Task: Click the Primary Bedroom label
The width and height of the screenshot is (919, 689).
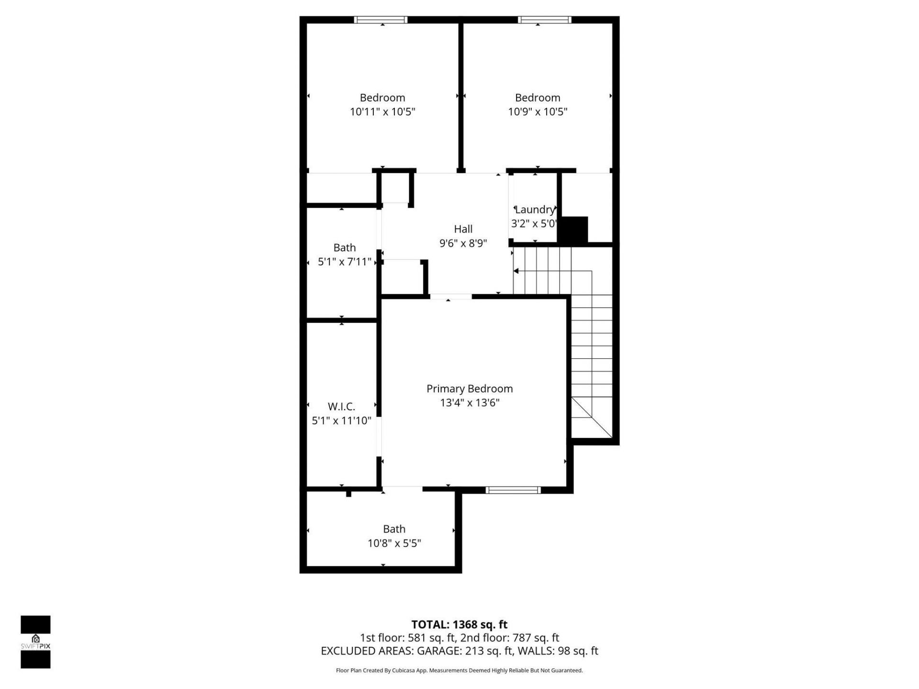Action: point(469,389)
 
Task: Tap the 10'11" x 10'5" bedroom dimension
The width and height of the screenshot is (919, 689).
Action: point(382,111)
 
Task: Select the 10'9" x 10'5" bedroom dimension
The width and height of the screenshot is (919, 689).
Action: point(538,111)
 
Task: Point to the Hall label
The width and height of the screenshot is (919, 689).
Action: point(463,229)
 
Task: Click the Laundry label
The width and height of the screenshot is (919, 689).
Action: point(535,209)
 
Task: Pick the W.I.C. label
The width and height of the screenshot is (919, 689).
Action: point(341,406)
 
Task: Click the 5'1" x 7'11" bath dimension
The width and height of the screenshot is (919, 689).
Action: point(345,262)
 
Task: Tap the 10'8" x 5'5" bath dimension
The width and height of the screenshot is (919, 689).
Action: point(394,543)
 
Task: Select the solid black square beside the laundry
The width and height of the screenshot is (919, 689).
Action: point(572,230)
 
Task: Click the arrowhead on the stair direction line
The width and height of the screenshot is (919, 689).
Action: point(516,271)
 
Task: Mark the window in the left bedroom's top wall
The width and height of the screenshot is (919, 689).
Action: point(381,20)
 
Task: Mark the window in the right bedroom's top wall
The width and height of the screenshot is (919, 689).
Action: point(544,20)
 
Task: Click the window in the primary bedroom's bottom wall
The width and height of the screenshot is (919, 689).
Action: point(513,489)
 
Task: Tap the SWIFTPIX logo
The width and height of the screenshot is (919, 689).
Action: point(35,641)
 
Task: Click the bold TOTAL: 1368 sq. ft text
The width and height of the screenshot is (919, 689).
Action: point(459,624)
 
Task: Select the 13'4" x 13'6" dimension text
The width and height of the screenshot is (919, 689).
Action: point(469,403)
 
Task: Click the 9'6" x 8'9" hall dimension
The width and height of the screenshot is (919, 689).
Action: point(463,243)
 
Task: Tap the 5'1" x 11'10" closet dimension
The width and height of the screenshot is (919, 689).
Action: point(341,421)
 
